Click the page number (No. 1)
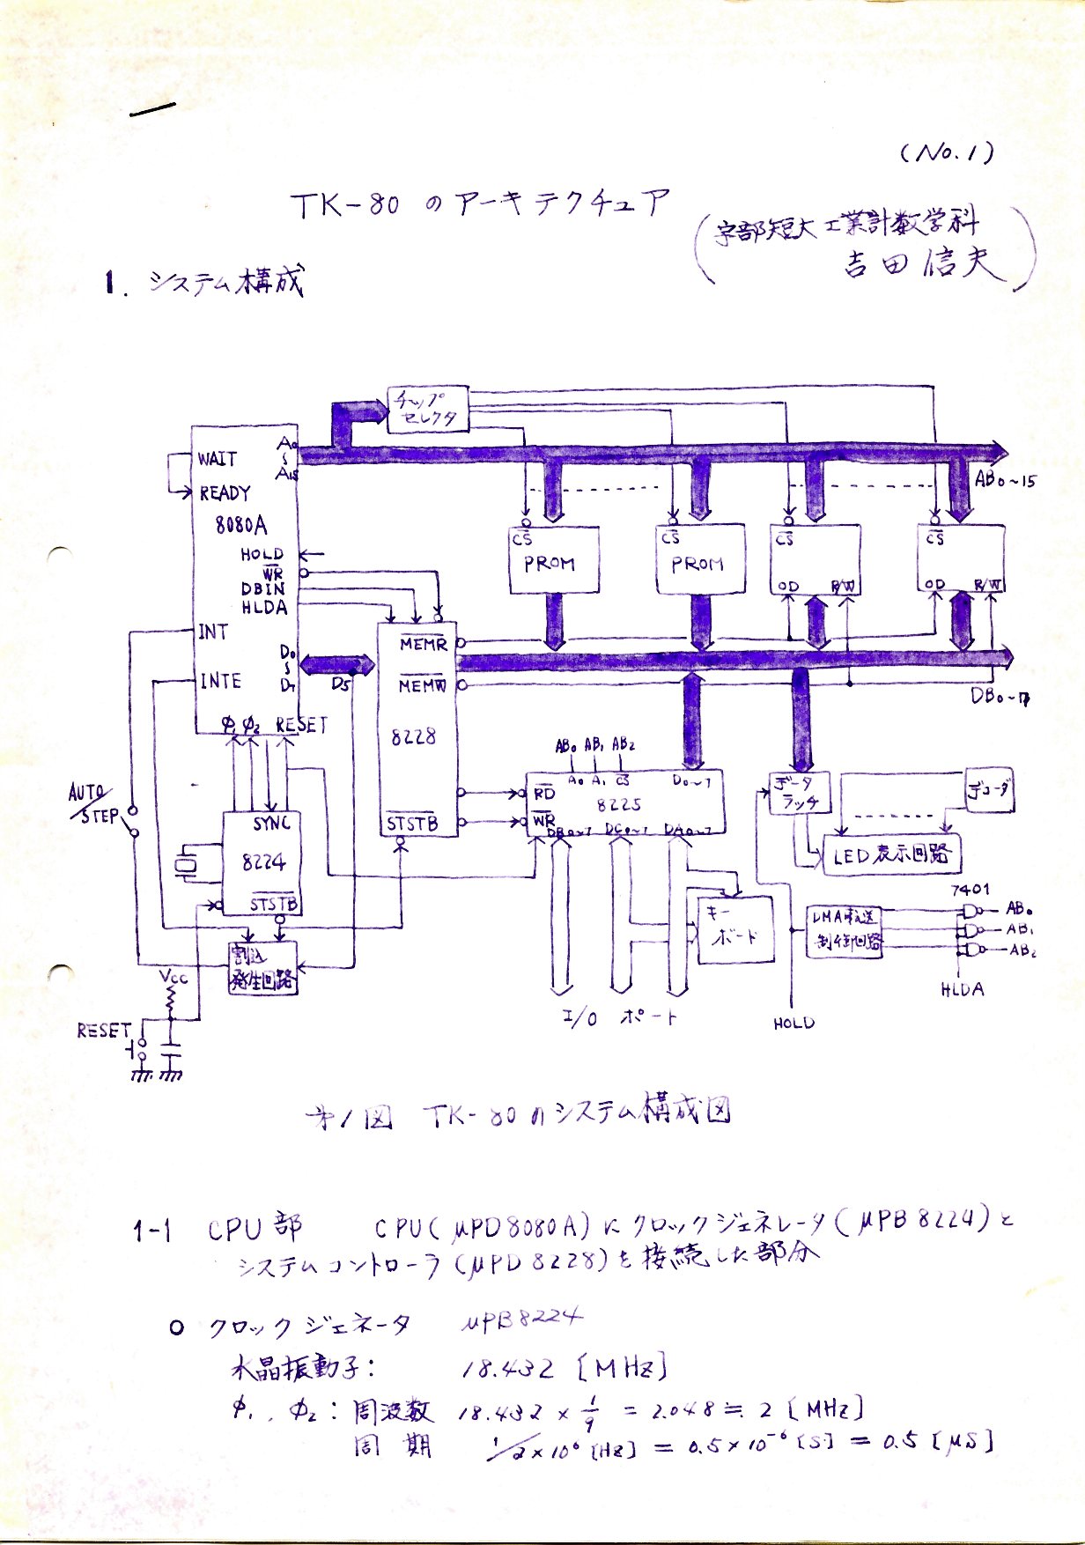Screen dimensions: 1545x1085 [948, 153]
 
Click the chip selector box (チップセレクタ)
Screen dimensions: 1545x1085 [427, 409]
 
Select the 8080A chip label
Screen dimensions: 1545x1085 [240, 525]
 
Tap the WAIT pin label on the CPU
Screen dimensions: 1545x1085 [217, 459]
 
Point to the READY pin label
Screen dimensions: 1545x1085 [225, 493]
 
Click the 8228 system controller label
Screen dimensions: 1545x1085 [413, 736]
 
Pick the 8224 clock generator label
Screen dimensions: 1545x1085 [263, 862]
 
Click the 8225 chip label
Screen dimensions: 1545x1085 [619, 804]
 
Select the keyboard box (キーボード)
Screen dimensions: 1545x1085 [735, 929]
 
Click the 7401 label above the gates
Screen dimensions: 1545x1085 [970, 890]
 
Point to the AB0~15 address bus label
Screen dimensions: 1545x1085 [1005, 481]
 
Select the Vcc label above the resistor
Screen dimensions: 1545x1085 [173, 976]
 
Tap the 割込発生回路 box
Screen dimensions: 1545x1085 [262, 968]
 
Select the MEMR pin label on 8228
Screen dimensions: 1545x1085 [423, 645]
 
